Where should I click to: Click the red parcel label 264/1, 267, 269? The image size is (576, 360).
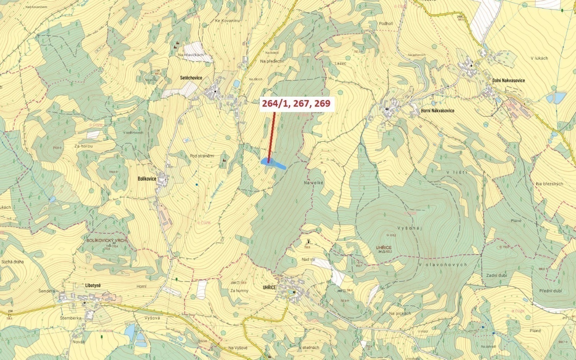pyautogui.click(x=296, y=103)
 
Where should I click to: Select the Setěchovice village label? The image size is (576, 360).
pyautogui.click(x=191, y=78)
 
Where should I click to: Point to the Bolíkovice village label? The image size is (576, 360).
pyautogui.click(x=147, y=179)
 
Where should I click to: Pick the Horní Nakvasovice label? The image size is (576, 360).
pyautogui.click(x=437, y=111)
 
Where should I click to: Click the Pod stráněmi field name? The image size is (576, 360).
pyautogui.click(x=202, y=156)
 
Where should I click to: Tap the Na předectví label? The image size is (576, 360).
pyautogui.click(x=272, y=61)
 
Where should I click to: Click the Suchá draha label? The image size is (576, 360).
pyautogui.click(x=12, y=262)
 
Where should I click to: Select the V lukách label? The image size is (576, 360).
pyautogui.click(x=539, y=58)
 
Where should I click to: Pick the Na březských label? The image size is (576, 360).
pyautogui.click(x=549, y=184)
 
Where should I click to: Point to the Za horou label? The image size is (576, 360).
pyautogui.click(x=83, y=146)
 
